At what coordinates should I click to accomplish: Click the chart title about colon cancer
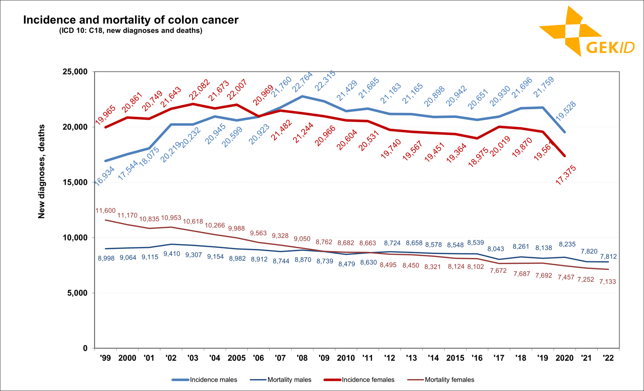(131, 20)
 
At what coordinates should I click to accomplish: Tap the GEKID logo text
(610, 47)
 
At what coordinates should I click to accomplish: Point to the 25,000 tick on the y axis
(75, 72)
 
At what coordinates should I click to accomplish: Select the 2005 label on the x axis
(237, 358)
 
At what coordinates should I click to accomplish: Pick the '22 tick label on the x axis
(608, 358)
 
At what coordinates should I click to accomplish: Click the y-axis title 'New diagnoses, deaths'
(42, 171)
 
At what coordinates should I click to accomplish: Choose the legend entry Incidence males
(213, 380)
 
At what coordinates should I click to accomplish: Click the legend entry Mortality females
(449, 380)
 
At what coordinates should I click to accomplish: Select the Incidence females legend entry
(368, 380)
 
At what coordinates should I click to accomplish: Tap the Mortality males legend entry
(289, 380)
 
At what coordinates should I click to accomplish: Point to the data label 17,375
(566, 175)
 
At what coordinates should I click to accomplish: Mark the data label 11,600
(105, 211)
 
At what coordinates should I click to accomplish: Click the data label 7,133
(607, 282)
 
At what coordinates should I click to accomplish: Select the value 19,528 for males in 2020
(566, 112)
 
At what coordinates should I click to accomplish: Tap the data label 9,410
(171, 254)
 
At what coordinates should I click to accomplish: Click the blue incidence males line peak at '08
(303, 96)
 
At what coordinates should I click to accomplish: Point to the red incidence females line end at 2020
(564, 156)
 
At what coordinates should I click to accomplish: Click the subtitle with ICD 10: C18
(131, 31)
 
